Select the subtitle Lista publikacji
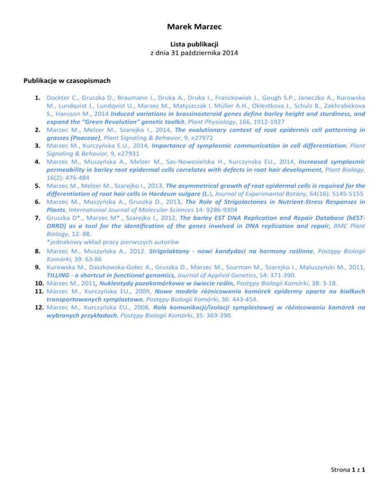tap(194, 44)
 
